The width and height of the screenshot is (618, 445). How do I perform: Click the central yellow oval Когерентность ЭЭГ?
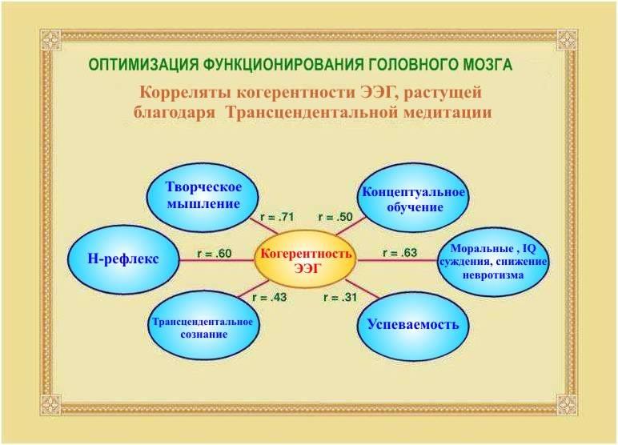(x=305, y=260)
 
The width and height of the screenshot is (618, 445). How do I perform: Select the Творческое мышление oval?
(x=203, y=195)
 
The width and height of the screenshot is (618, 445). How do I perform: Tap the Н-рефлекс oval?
(x=123, y=259)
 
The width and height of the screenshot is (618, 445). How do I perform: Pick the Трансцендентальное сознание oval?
(x=204, y=327)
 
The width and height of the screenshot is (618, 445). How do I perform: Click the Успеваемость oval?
(x=413, y=327)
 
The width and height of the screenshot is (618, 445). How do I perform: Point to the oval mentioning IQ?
(x=493, y=262)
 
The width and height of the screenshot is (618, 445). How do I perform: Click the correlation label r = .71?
(x=277, y=217)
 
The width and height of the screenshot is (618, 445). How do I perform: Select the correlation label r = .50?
(x=335, y=217)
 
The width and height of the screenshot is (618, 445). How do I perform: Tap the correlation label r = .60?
(x=214, y=254)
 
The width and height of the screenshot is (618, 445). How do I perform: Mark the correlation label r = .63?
(x=399, y=253)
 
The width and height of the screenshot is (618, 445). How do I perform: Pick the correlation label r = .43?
(x=270, y=297)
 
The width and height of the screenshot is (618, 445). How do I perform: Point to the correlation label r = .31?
(x=340, y=297)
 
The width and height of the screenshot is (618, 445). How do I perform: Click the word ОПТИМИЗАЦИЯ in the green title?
(x=143, y=65)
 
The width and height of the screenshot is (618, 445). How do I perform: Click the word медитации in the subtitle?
(x=447, y=113)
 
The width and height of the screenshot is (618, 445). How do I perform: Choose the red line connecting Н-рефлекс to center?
(x=217, y=260)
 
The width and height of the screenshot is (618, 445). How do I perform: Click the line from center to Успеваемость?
(x=362, y=289)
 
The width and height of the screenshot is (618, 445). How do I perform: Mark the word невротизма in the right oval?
(x=493, y=275)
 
